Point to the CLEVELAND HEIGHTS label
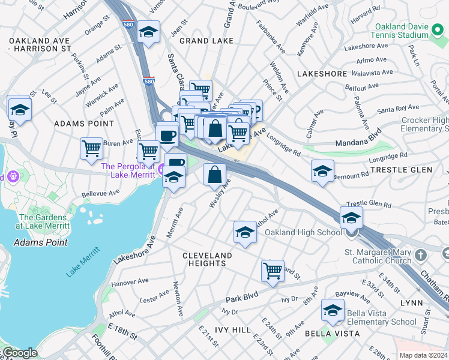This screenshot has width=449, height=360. [207, 260]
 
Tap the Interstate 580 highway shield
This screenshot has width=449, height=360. [149, 81]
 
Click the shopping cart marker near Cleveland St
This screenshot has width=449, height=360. [273, 270]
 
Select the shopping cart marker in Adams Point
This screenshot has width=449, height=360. [91, 148]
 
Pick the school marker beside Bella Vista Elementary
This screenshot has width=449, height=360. [333, 310]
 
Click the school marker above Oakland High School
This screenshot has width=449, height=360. [351, 217]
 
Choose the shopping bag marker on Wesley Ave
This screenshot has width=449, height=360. [214, 175]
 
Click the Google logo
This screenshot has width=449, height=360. [20, 353]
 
